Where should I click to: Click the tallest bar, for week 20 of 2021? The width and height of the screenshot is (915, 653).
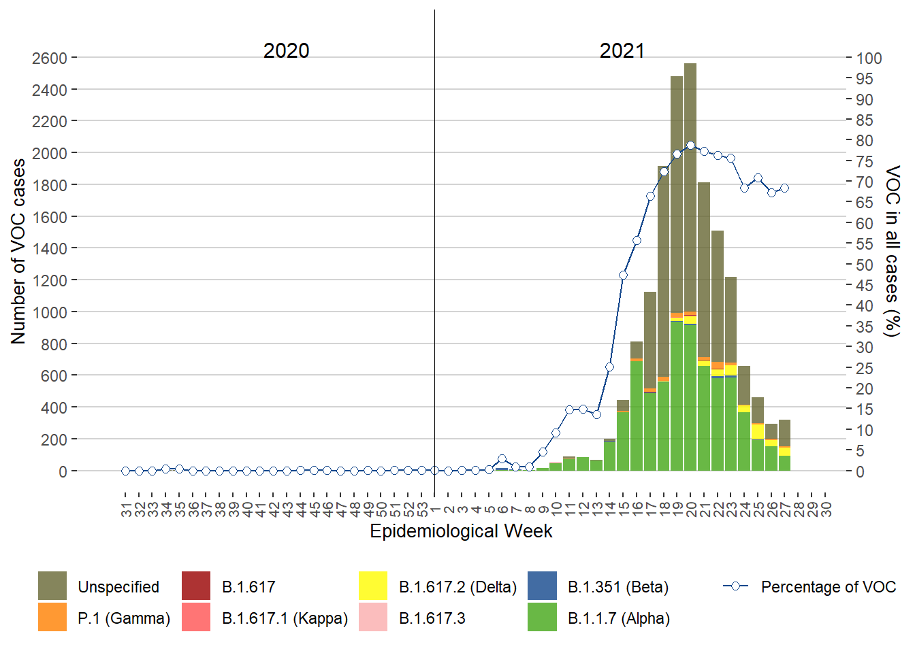[690, 272]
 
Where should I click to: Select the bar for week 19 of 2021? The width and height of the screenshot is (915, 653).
[677, 272]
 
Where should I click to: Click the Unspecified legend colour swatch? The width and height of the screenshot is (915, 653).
[52, 586]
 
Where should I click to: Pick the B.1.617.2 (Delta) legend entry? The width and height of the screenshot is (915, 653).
[457, 586]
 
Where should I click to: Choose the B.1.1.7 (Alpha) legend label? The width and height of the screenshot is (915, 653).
[618, 618]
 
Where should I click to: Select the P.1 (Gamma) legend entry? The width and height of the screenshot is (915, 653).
[123, 618]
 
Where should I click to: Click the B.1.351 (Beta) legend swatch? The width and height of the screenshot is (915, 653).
[542, 586]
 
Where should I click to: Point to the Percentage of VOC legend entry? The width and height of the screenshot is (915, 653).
[828, 586]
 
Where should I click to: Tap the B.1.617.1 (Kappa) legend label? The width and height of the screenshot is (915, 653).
[285, 618]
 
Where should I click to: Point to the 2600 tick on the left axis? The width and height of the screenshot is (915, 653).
[49, 58]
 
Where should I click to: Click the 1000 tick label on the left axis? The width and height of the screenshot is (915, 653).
[49, 312]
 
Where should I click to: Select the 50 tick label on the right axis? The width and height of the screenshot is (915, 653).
[865, 265]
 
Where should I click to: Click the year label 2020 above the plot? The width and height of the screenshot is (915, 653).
[286, 50]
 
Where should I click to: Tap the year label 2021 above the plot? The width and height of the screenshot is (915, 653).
[622, 50]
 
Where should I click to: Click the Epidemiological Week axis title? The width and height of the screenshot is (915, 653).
[461, 531]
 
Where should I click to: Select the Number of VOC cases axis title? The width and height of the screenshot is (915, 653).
[18, 252]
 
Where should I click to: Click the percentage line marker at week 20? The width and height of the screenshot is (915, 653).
[690, 145]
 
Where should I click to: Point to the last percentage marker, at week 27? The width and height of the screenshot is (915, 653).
[784, 188]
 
